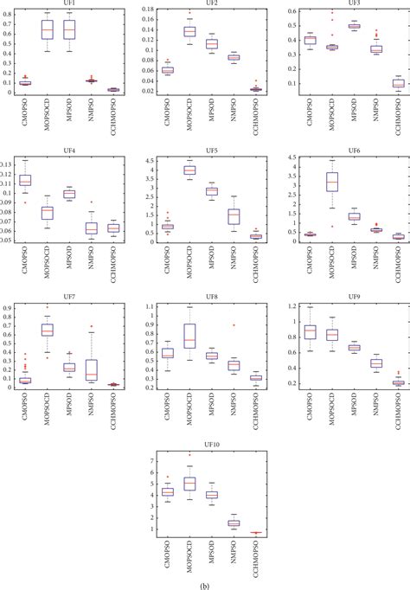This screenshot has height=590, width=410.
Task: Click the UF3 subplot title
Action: coord(343,4)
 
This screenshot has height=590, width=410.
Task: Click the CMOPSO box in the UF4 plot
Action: coord(26,180)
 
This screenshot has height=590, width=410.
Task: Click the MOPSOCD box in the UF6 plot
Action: coord(331,182)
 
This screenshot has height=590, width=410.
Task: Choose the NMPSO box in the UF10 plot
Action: coord(234,523)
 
